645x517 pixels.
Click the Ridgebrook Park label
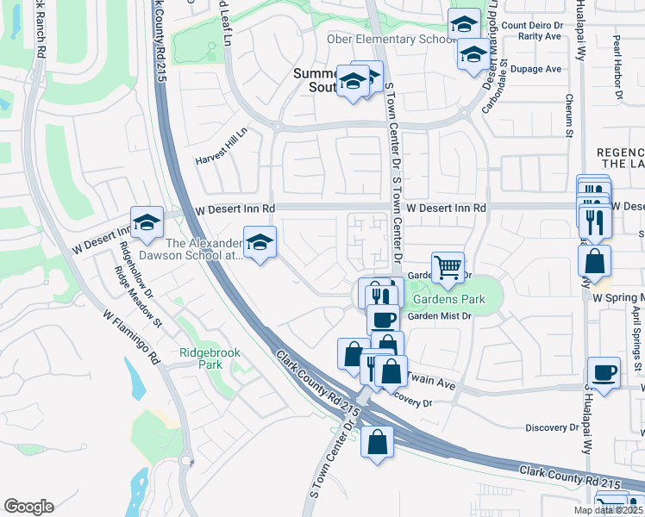[201, 358]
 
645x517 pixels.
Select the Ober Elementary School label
[390, 40]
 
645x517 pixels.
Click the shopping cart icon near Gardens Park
[448, 268]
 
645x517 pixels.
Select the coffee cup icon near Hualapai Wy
[604, 372]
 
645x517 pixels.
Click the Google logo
[28, 507]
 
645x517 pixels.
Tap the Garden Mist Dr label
[441, 316]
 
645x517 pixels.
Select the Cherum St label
[569, 115]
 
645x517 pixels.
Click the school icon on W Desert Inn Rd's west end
[147, 222]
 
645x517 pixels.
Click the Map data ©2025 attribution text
[608, 510]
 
